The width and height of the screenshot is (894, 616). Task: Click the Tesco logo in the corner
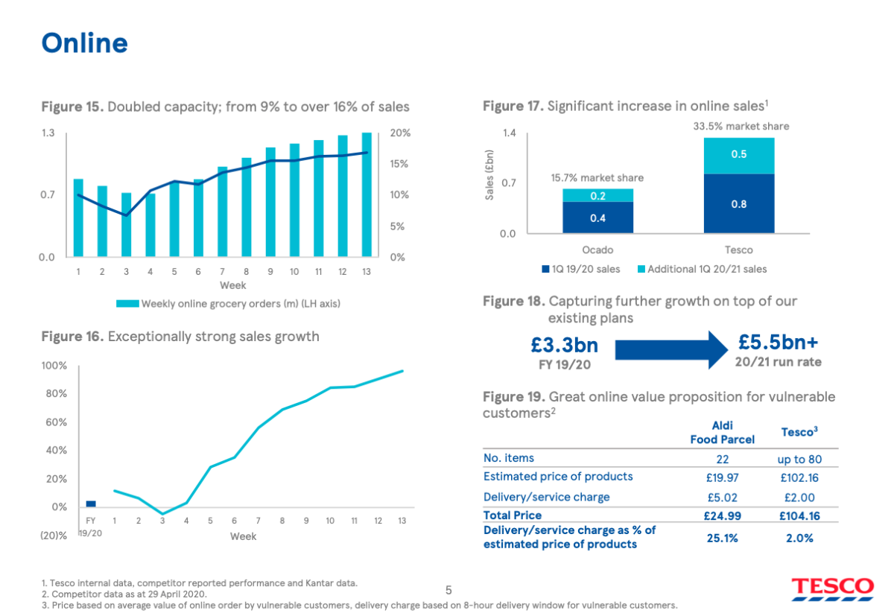click(833, 588)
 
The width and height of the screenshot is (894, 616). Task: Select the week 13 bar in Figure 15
click(367, 194)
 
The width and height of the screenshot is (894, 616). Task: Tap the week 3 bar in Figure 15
click(126, 225)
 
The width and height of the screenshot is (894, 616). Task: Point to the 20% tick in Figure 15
click(400, 133)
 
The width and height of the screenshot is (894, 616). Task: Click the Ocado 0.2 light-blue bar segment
click(597, 195)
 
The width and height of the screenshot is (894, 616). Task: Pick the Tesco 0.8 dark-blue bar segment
click(739, 203)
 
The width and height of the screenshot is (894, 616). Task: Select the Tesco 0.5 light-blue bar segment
click(739, 156)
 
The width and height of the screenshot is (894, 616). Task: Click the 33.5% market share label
click(741, 126)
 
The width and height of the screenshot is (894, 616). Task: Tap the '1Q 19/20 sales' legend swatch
click(545, 269)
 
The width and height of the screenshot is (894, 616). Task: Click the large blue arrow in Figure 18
click(670, 350)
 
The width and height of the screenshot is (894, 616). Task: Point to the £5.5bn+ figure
click(778, 342)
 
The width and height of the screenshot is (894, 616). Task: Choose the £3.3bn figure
click(565, 345)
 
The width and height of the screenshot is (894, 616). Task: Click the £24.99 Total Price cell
click(722, 516)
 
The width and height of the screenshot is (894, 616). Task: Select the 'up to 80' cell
click(799, 460)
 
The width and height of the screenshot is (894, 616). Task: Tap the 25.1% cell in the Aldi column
click(722, 539)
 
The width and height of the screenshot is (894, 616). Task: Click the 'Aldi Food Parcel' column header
click(722, 433)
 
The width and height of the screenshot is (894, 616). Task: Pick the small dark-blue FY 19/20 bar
click(91, 504)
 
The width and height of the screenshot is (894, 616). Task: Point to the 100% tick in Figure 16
click(54, 366)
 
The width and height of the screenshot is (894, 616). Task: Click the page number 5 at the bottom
click(448, 590)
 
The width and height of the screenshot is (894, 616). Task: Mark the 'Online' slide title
click(85, 43)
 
